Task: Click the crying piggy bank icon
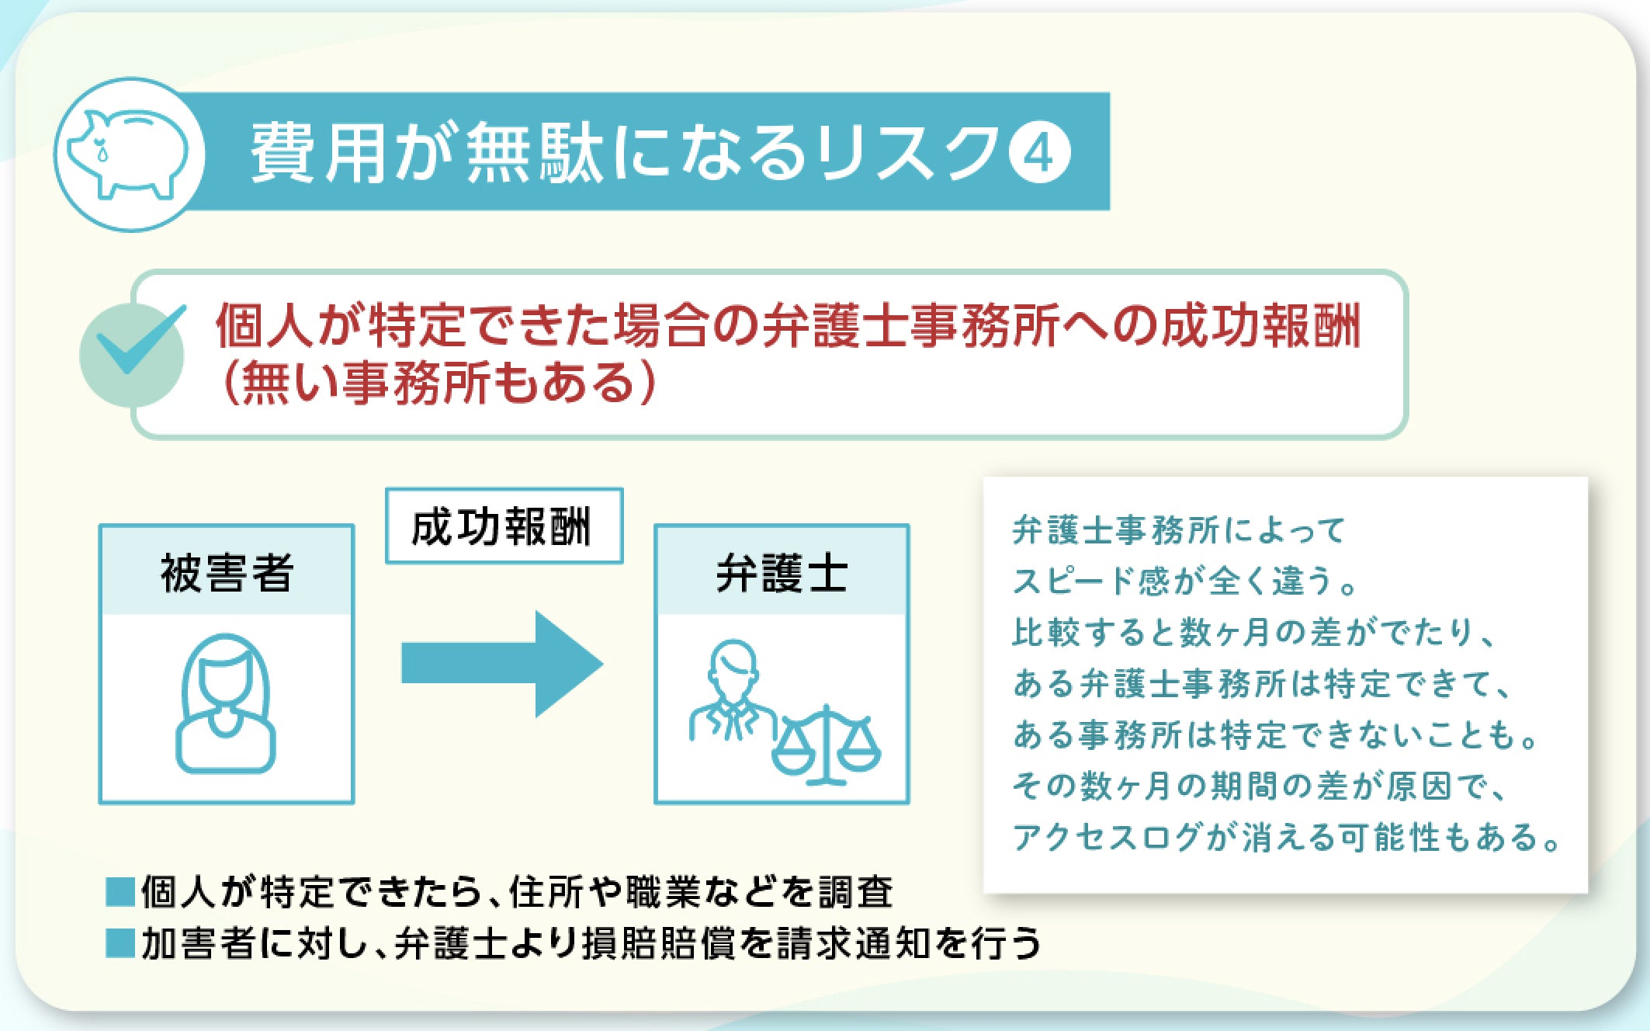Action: pyautogui.click(x=129, y=154)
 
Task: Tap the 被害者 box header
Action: pyautogui.click(x=227, y=572)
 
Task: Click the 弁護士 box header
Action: pyautogui.click(x=782, y=572)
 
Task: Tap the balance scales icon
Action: pyautogui.click(x=827, y=745)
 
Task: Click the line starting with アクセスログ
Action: pyautogui.click(x=1285, y=838)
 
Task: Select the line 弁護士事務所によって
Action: pyautogui.click(x=1178, y=531)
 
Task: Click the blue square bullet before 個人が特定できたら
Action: pyautogui.click(x=120, y=893)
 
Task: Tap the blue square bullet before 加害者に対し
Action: pyautogui.click(x=120, y=944)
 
